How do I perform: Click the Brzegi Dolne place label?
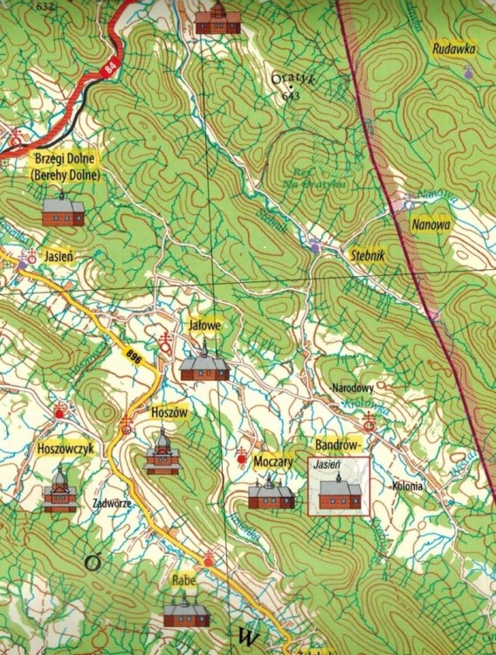point(66,159)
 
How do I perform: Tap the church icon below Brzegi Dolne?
point(63,210)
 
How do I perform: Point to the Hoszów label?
point(163,411)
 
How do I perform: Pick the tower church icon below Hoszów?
point(162,452)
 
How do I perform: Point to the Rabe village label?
point(183,581)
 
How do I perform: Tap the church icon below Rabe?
point(186,614)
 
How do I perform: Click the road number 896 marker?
point(133,355)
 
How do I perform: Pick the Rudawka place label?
point(453,50)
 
